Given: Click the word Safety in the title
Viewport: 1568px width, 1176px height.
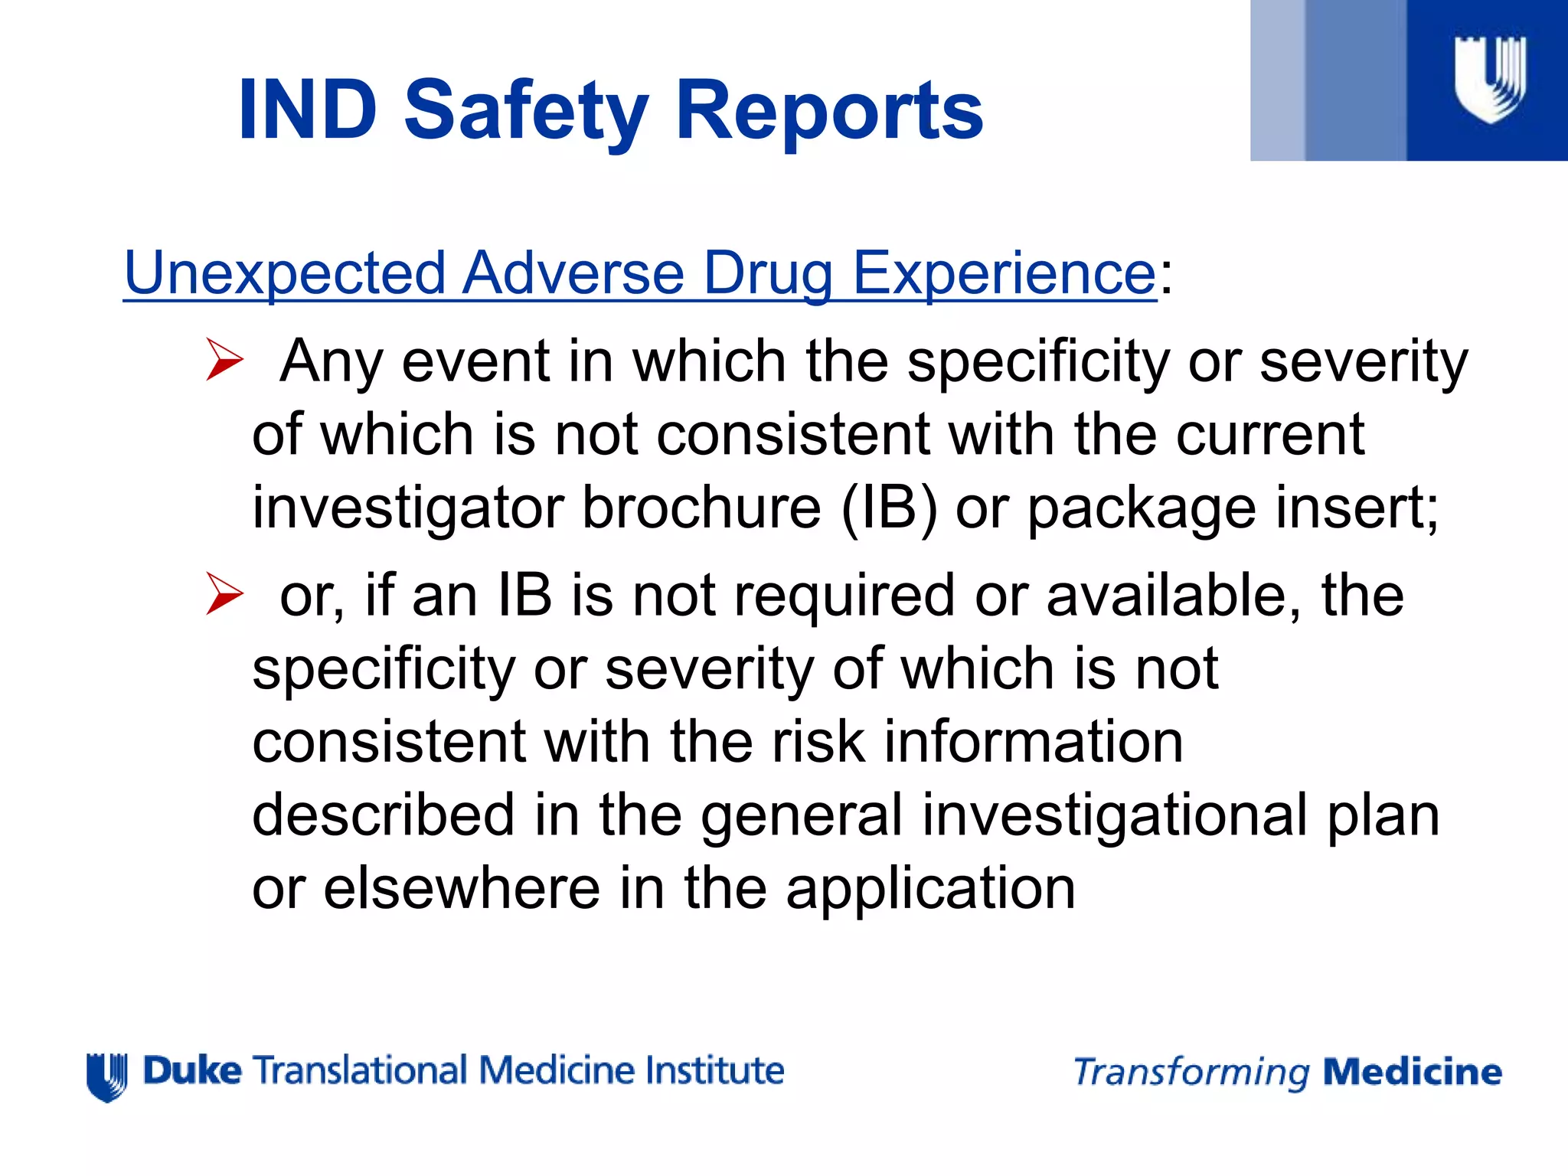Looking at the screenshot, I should pyautogui.click(x=526, y=111).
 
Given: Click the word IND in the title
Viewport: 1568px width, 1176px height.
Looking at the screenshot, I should pyautogui.click(x=308, y=111).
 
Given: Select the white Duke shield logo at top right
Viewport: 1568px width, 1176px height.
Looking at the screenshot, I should pyautogui.click(x=1490, y=80).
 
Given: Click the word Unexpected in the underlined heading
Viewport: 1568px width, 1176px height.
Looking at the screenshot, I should pyautogui.click(x=285, y=273).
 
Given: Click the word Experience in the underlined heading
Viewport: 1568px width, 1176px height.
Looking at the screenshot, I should pyautogui.click(x=1004, y=274).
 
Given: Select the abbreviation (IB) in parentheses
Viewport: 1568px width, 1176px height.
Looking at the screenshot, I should pyautogui.click(x=889, y=508).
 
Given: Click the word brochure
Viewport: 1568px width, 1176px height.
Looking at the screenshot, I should pyautogui.click(x=701, y=508).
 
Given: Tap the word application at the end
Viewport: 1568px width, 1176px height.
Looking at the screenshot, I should pyautogui.click(x=931, y=890).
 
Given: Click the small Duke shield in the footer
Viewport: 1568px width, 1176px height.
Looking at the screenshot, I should pyautogui.click(x=107, y=1077).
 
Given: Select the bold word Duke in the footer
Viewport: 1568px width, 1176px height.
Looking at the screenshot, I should pyautogui.click(x=192, y=1070).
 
